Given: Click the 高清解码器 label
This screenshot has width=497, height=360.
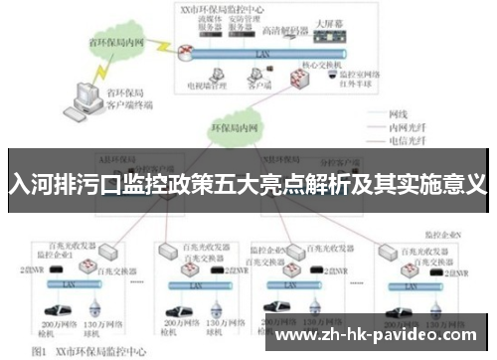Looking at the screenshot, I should point(277,29).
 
